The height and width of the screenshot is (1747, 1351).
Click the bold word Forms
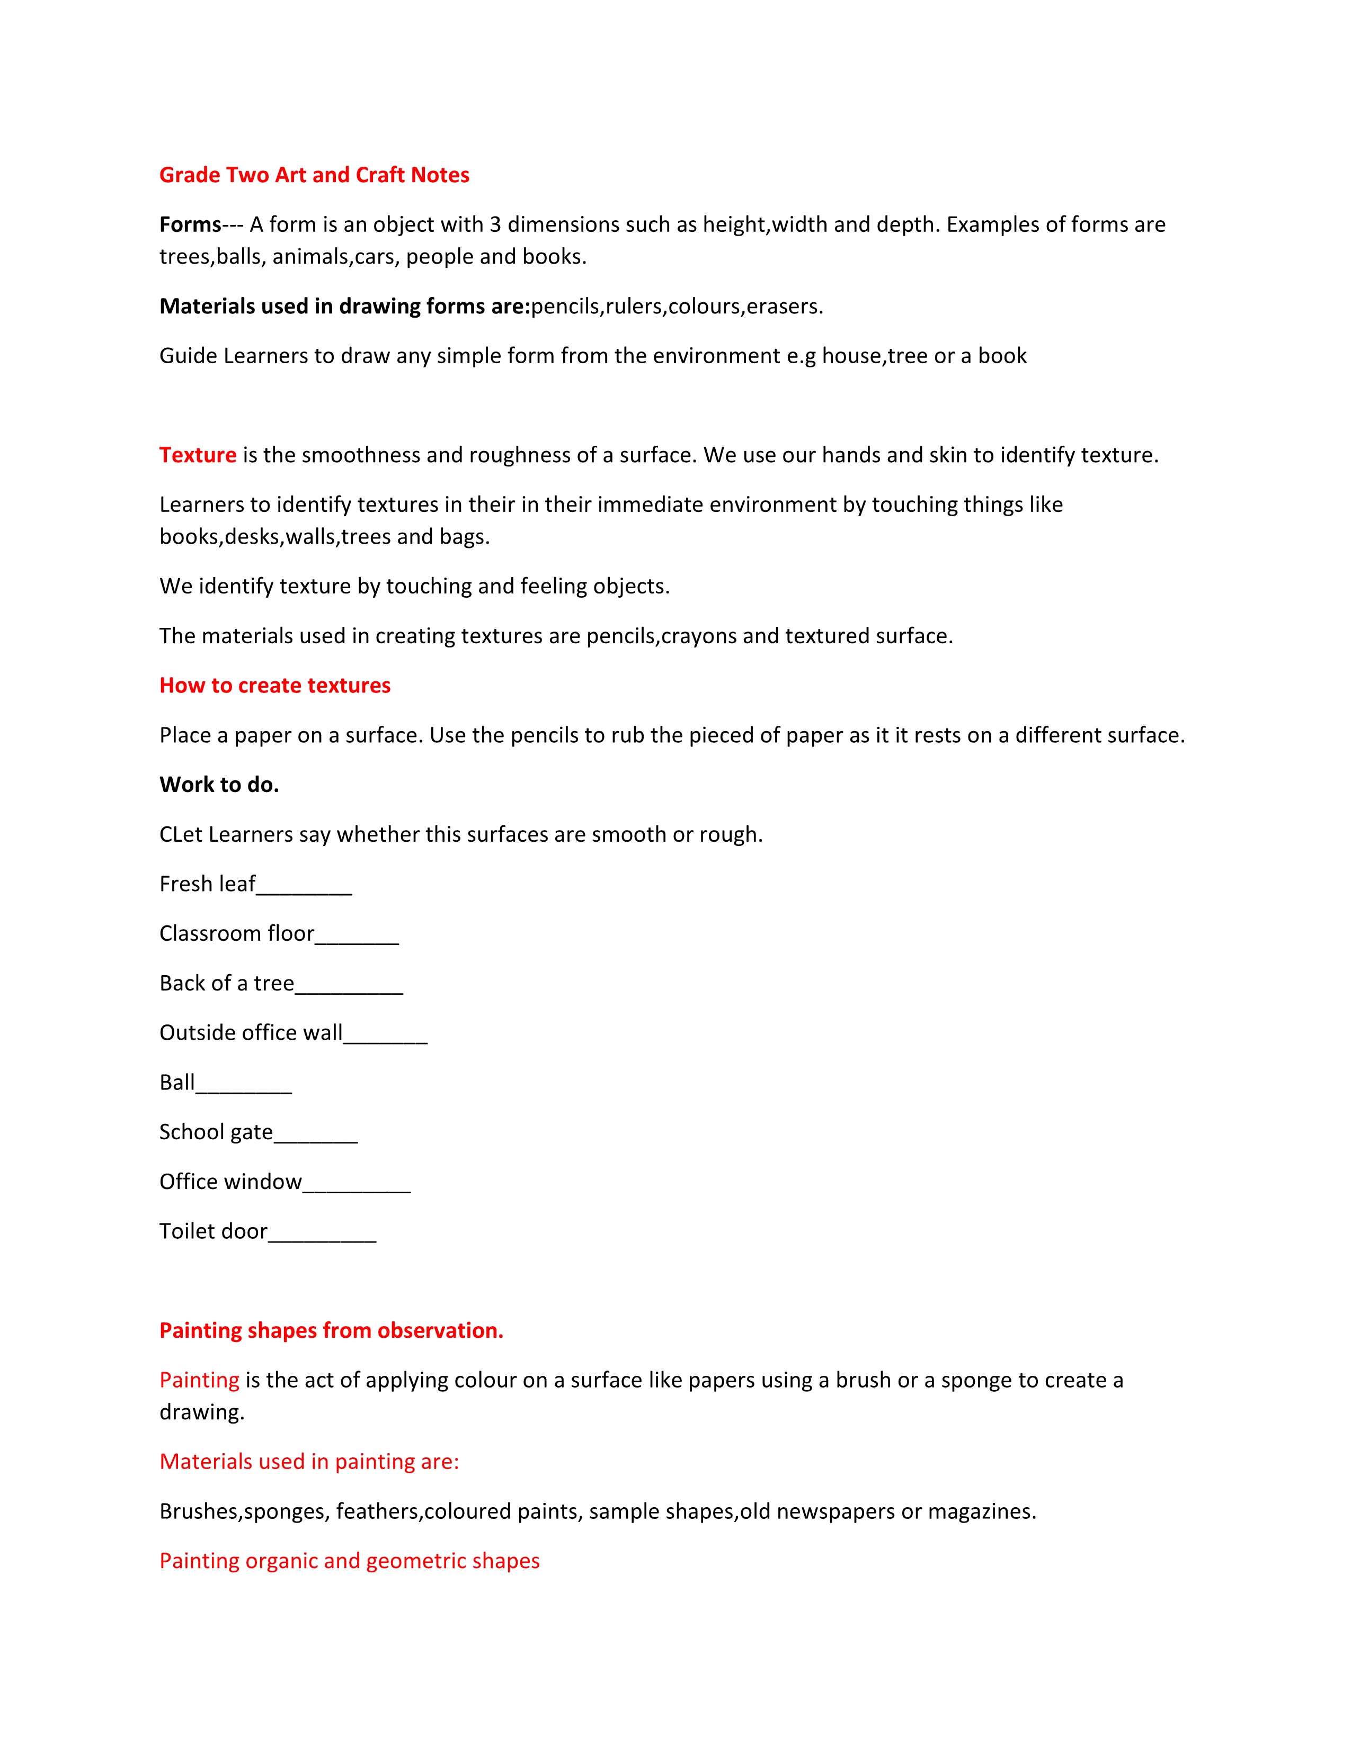click(190, 225)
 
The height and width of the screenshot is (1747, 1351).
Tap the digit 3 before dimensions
click(495, 225)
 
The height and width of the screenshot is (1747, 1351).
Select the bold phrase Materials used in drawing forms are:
click(344, 307)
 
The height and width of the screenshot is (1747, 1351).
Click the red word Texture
click(198, 455)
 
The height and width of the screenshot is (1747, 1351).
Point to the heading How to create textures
click(274, 686)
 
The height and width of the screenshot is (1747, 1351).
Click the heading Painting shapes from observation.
click(331, 1330)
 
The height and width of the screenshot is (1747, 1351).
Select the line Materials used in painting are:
click(309, 1462)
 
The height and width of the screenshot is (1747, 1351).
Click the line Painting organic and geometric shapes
click(349, 1561)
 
